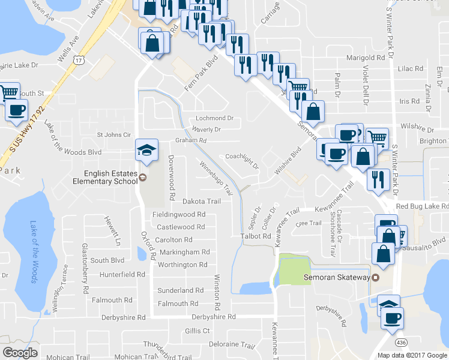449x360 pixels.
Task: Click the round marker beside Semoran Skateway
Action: pos(376,277)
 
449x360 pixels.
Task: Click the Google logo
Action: pos(20,353)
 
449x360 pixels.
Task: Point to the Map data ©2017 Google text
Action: pos(412,355)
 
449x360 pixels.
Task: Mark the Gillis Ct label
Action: pos(197,331)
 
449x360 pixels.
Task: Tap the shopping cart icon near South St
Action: pos(9,92)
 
